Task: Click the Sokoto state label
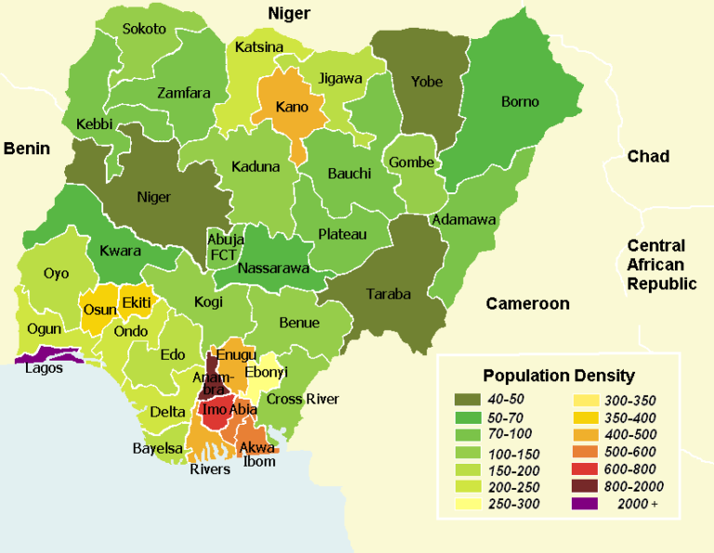click(x=144, y=29)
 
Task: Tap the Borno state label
click(x=520, y=101)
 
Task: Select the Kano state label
click(x=292, y=107)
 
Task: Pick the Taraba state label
click(x=388, y=294)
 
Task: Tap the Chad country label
click(x=648, y=156)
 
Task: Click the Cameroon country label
click(x=527, y=304)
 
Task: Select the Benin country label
click(x=29, y=148)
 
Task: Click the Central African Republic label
click(x=661, y=265)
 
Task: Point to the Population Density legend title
click(x=559, y=376)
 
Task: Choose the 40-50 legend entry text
click(x=507, y=400)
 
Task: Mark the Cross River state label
click(x=303, y=399)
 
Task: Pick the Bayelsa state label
click(x=157, y=449)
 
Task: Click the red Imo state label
click(x=214, y=410)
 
